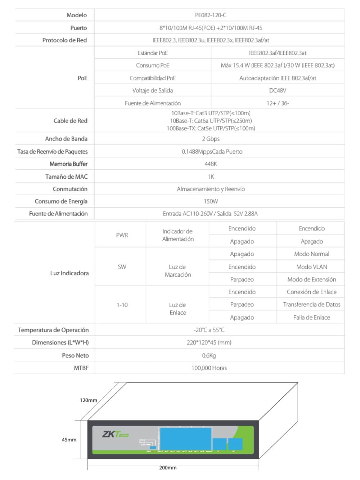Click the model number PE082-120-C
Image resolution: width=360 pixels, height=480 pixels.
tap(211, 15)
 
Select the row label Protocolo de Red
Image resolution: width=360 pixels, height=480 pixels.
tap(64, 40)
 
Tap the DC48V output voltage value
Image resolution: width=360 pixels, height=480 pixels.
tap(278, 90)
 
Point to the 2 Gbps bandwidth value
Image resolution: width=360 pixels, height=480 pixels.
tap(211, 139)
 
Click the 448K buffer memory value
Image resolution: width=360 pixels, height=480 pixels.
tap(211, 164)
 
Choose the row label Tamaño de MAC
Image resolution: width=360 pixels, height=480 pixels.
tap(66, 177)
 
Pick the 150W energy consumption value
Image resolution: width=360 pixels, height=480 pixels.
tap(211, 201)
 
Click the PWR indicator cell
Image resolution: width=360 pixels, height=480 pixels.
tap(122, 235)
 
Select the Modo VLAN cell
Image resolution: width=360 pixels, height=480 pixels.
tap(311, 267)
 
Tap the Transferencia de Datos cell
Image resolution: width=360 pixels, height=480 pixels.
tap(311, 305)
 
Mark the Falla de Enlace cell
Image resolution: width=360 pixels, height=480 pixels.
tap(311, 317)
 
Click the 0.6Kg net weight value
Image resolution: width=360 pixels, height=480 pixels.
tap(209, 355)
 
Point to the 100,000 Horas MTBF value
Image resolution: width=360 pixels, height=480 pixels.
tap(209, 368)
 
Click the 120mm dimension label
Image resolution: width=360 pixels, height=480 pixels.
tap(88, 400)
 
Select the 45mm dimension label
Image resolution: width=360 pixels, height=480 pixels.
tap(69, 440)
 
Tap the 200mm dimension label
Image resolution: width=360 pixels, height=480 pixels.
tap(168, 468)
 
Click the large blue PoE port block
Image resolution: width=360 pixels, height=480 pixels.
tap(186, 438)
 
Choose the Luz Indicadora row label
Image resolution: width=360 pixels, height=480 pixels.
tap(69, 273)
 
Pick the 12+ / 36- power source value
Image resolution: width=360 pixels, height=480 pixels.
tap(278, 103)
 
